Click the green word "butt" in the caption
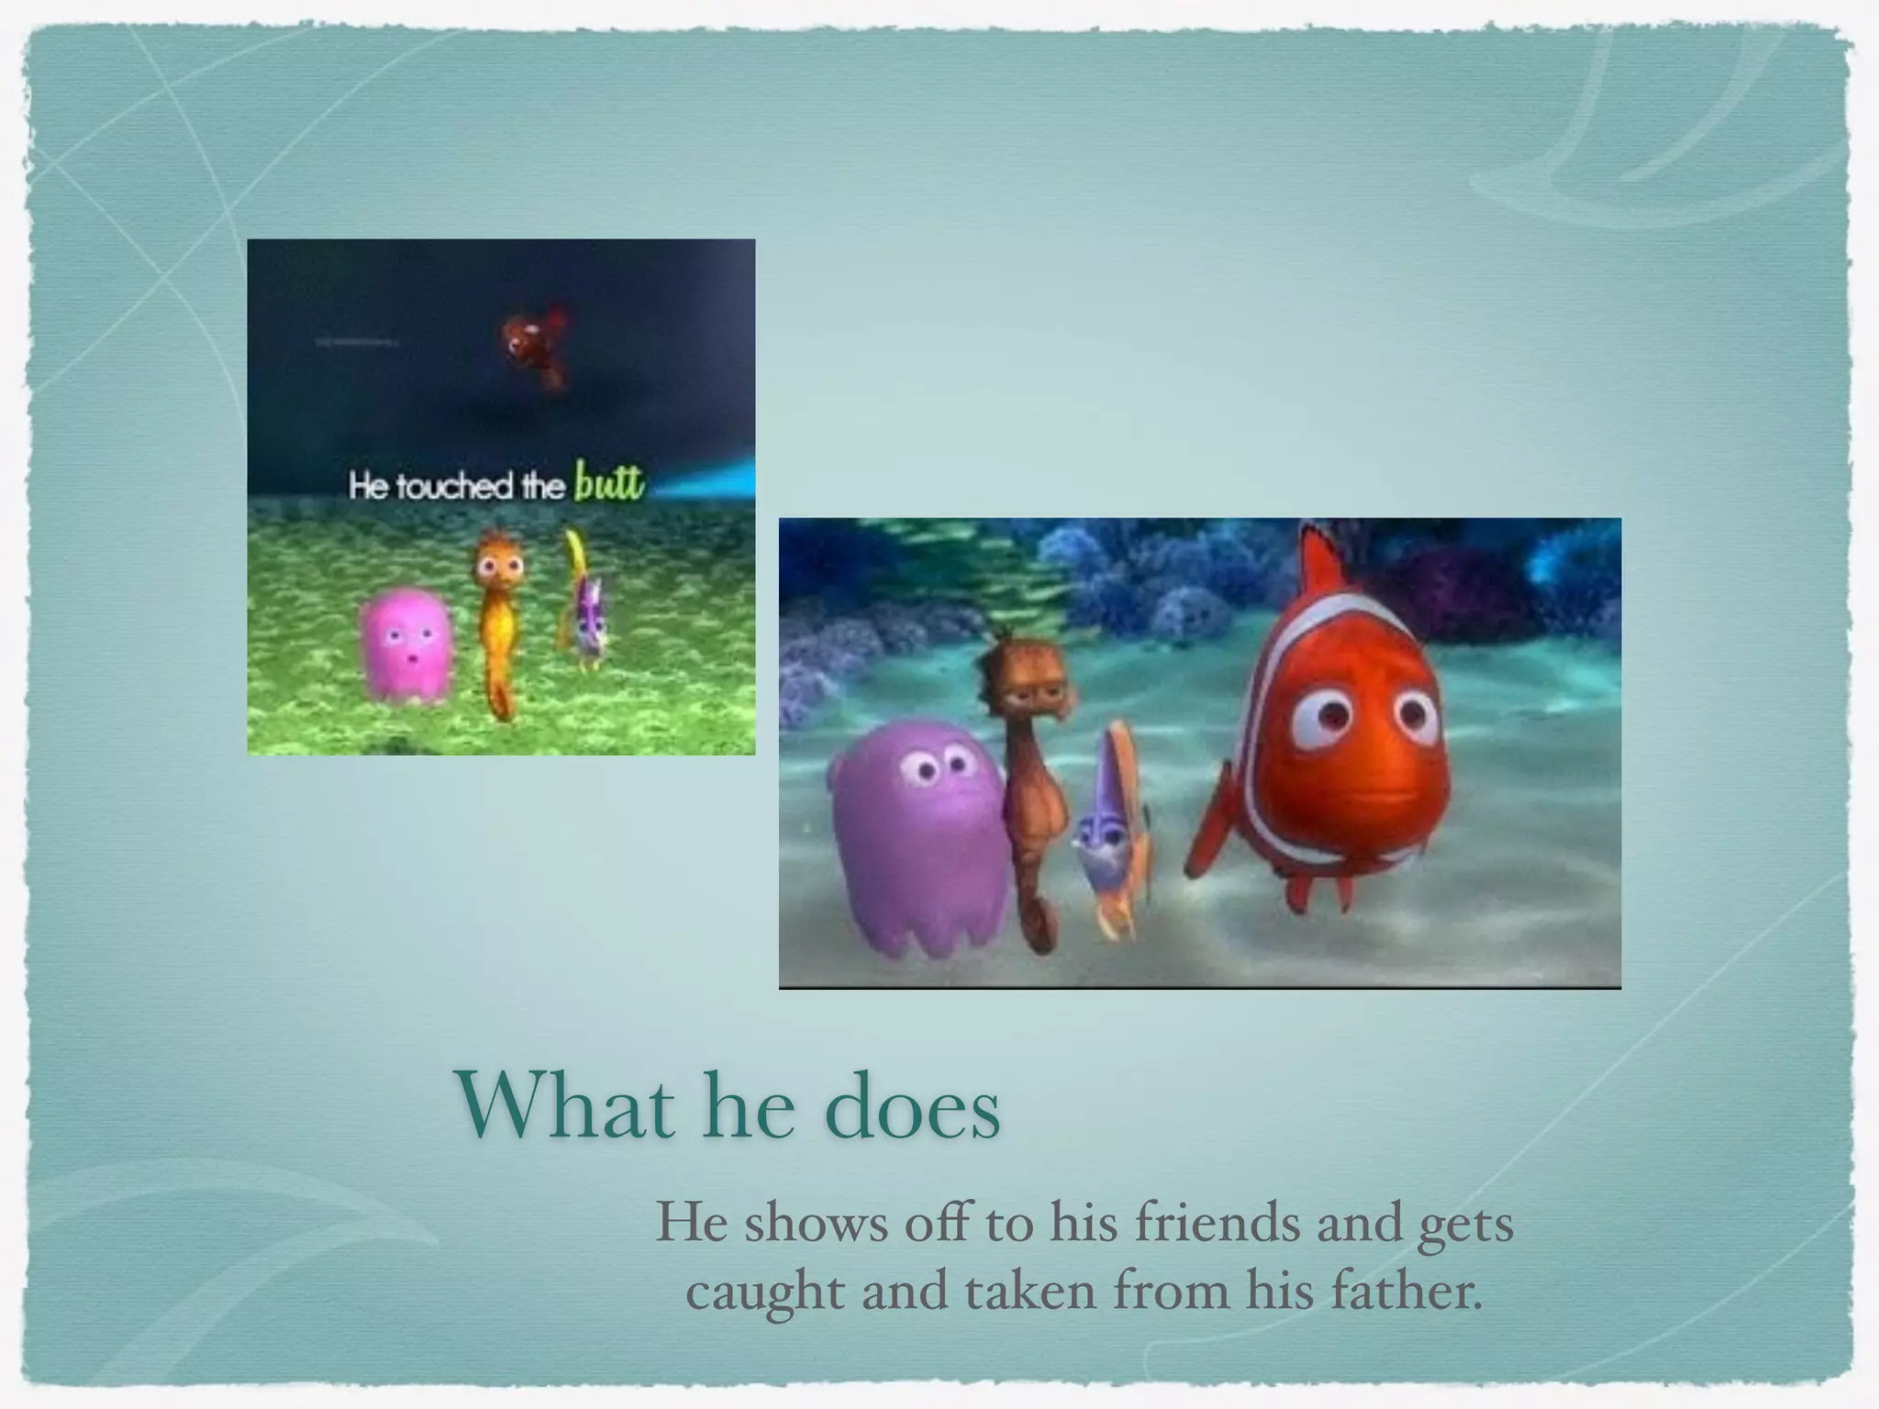pos(609,482)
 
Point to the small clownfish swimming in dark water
pos(533,344)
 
